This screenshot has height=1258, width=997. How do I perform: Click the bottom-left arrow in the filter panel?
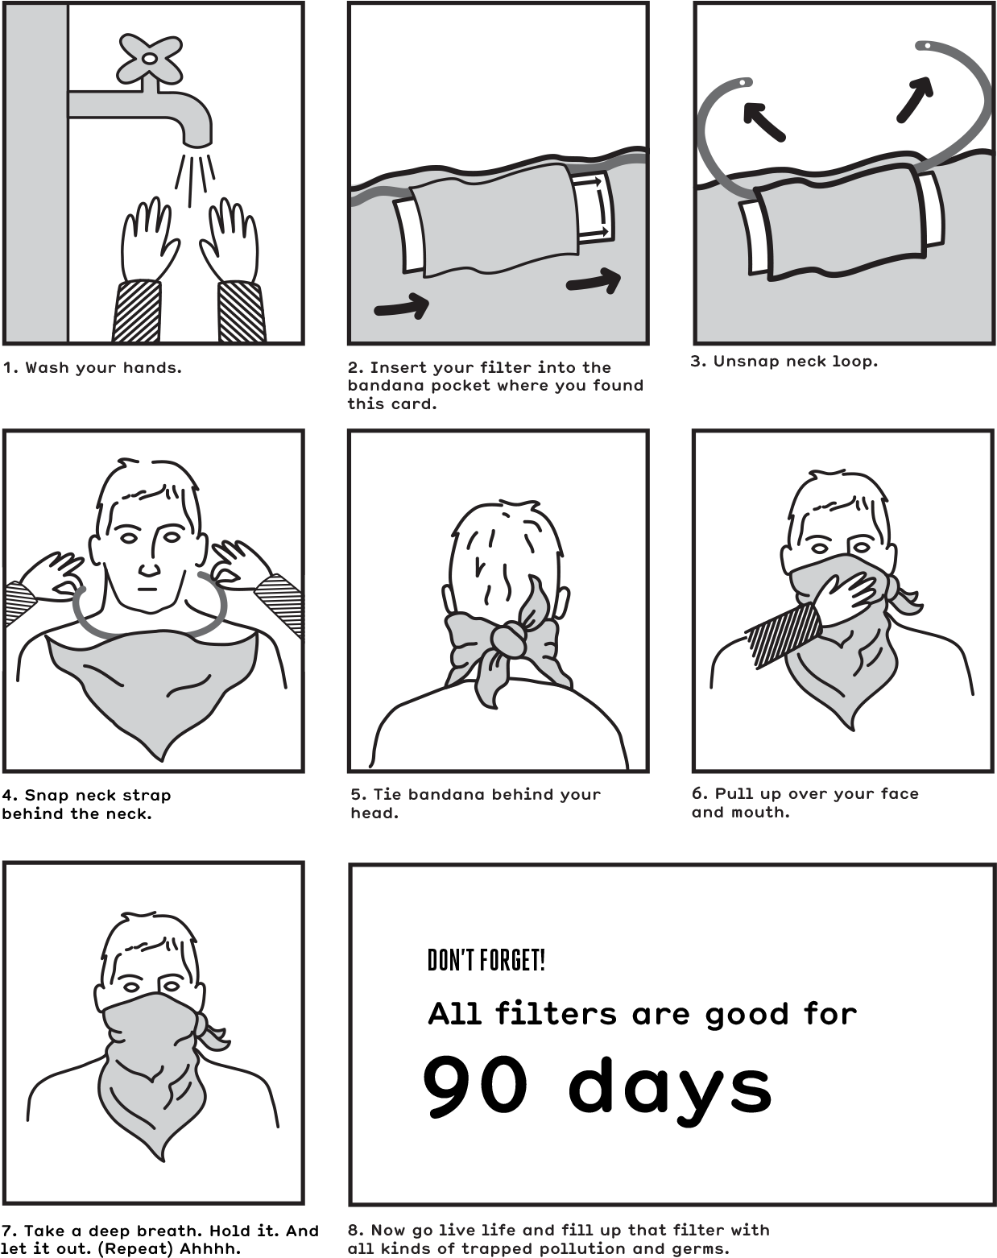401,308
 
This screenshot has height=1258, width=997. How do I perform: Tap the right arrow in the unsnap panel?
915,100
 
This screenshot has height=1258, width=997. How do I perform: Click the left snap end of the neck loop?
743,82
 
